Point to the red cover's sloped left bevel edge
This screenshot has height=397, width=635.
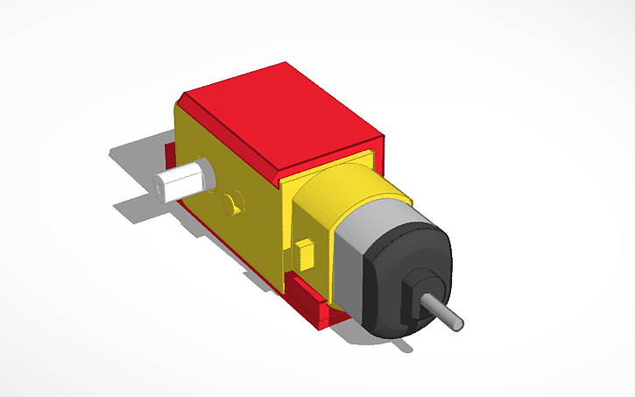pos(228,131)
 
